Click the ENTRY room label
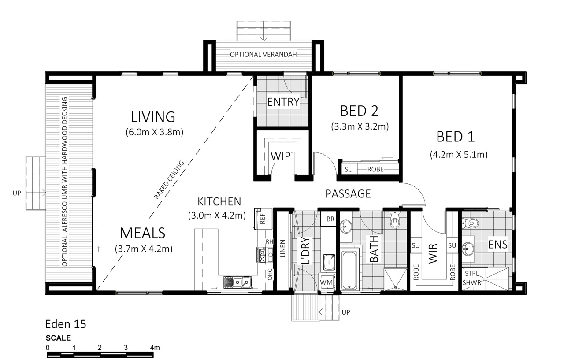coord(283,102)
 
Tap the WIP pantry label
coord(281,156)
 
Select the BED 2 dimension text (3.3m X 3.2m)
coord(360,126)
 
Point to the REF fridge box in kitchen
coord(263,219)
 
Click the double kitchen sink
coord(237,282)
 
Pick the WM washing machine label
coord(326,282)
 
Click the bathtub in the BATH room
coord(349,269)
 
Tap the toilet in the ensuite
coord(470,223)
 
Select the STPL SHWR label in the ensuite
coord(471,278)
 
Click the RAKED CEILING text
coord(169,180)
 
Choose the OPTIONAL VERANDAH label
coord(263,54)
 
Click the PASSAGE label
coord(348,194)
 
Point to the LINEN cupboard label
coord(282,249)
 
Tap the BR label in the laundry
coord(330,219)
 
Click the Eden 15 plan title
coord(66,324)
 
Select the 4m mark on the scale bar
coord(155,348)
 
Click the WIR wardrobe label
coord(433,253)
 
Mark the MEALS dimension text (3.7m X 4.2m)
coord(144,249)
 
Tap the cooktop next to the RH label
coord(262,255)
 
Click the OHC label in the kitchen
coord(270,275)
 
